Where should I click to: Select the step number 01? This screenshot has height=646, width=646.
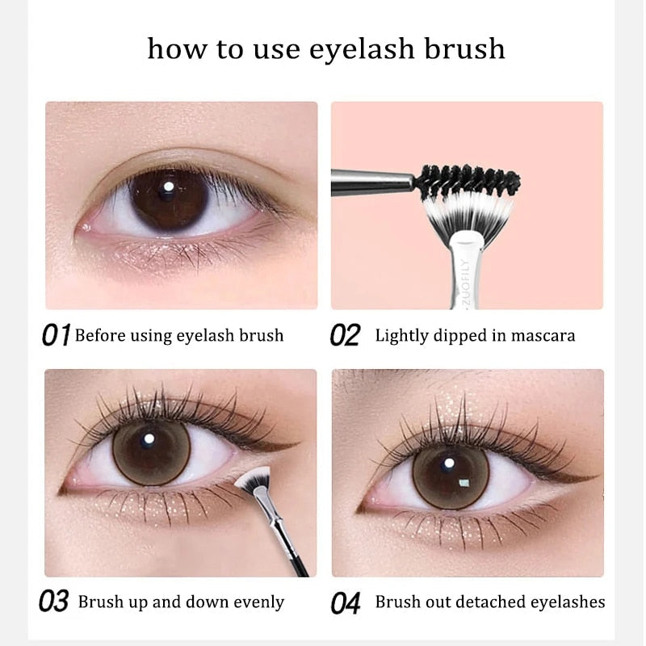tap(56, 335)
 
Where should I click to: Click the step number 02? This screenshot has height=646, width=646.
tap(345, 335)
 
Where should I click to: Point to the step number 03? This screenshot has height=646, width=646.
tap(54, 602)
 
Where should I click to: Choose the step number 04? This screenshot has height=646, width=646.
tap(345, 602)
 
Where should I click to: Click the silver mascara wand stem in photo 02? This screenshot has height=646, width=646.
tap(371, 182)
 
